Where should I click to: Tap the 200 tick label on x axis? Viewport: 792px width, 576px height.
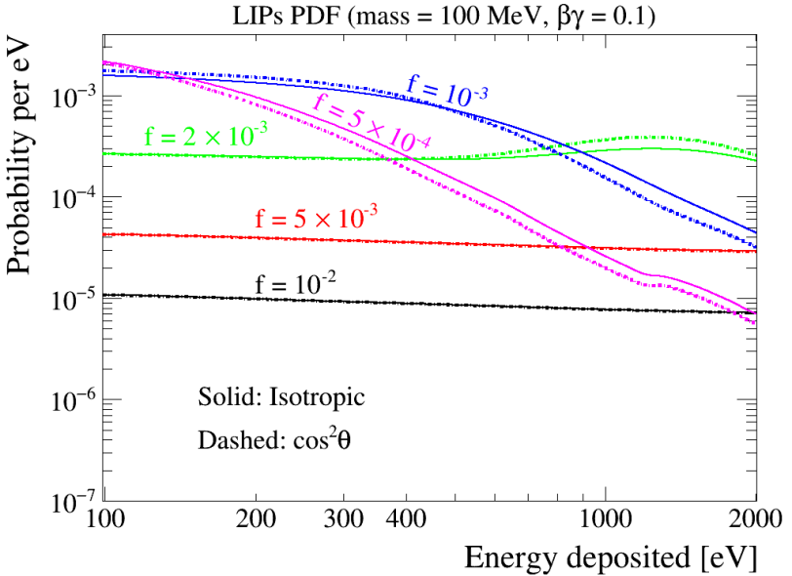pyautogui.click(x=256, y=519)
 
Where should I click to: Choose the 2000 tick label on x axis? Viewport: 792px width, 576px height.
pyautogui.click(x=756, y=519)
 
